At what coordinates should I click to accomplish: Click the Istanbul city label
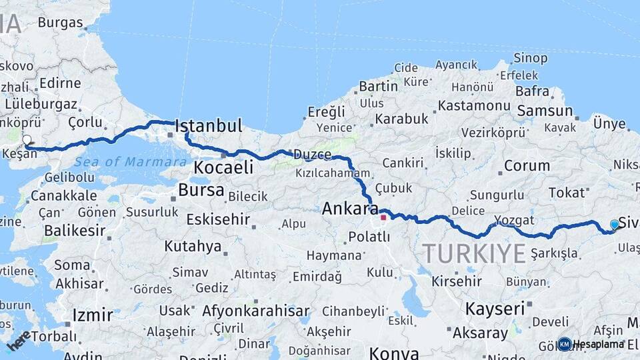(208, 126)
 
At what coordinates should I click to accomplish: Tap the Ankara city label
(350, 209)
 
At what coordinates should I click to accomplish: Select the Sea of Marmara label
(130, 161)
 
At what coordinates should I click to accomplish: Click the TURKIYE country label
(474, 253)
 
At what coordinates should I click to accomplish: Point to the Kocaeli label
(223, 167)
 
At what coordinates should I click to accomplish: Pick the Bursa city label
(201, 191)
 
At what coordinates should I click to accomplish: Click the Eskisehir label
(218, 219)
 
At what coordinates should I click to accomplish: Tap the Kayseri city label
(495, 309)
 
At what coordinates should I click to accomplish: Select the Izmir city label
(92, 315)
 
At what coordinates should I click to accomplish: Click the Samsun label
(545, 111)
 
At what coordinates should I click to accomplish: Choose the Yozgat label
(514, 220)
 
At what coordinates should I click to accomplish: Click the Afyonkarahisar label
(256, 311)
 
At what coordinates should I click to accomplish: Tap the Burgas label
(60, 22)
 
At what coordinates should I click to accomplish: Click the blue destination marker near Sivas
(615, 225)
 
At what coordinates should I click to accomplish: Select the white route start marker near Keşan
(27, 141)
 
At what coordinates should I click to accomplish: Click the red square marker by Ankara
(383, 217)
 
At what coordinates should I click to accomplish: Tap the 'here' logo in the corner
(18, 340)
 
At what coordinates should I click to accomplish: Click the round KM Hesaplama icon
(565, 344)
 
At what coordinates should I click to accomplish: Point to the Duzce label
(312, 155)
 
